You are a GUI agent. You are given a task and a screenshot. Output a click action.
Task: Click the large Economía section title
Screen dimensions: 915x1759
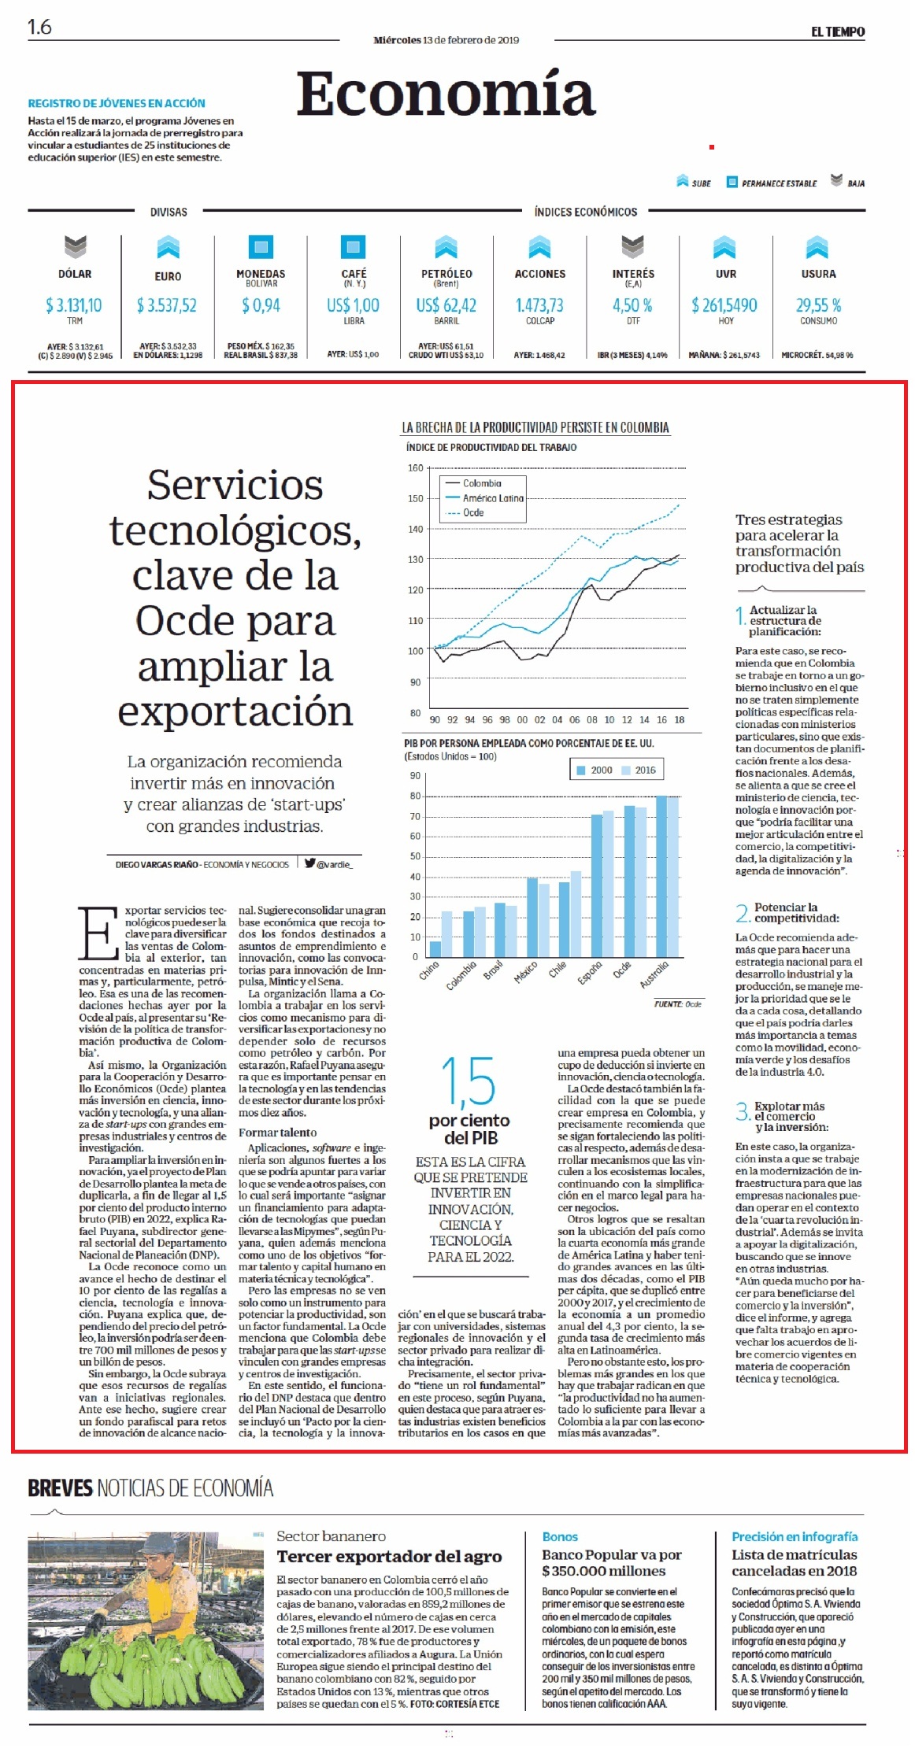[x=446, y=94]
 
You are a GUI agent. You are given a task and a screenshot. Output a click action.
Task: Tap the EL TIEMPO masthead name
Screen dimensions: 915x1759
[x=838, y=32]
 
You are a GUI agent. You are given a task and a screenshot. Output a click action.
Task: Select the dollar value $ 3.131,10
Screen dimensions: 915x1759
[x=74, y=305]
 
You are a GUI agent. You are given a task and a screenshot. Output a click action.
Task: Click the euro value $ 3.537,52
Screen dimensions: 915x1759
[x=167, y=305]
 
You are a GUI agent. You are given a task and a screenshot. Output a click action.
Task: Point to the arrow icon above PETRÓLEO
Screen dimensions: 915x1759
[x=446, y=247]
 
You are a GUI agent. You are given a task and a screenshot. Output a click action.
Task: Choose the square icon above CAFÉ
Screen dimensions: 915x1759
[x=354, y=247]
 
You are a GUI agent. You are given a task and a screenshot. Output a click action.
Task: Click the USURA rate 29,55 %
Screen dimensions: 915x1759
[x=819, y=305]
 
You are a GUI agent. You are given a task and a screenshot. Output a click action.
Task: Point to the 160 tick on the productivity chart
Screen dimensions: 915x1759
[x=415, y=468]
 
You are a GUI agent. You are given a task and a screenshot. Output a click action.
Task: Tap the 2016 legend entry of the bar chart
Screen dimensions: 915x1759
[x=639, y=770]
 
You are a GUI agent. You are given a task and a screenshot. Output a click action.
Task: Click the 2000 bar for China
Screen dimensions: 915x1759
[x=435, y=948]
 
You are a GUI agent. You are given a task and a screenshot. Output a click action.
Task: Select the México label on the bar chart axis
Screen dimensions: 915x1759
[x=525, y=971]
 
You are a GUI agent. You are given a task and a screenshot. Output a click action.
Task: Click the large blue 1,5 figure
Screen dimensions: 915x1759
[x=469, y=1082]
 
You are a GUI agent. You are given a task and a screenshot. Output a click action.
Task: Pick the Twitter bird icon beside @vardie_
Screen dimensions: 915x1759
[x=310, y=863]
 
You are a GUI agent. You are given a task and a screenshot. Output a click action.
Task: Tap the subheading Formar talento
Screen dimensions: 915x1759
[x=278, y=1133]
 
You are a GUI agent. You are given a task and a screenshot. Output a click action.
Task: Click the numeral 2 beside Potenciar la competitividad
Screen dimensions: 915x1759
[x=742, y=913]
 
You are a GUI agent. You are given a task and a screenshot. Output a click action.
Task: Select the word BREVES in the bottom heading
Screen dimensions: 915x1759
[x=60, y=1487]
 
